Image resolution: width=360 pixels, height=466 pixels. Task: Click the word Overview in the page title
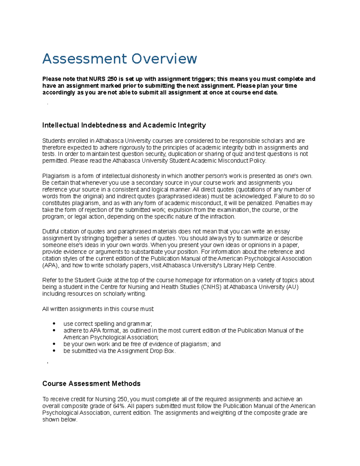click(x=164, y=59)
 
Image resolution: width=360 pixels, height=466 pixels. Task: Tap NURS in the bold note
click(x=97, y=79)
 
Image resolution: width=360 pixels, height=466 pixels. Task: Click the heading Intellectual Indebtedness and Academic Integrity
click(x=124, y=125)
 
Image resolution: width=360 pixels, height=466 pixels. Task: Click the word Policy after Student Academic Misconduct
click(x=257, y=161)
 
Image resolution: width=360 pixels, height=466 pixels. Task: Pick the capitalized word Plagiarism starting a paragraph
click(x=56, y=176)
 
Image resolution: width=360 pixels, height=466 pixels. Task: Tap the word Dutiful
click(x=51, y=231)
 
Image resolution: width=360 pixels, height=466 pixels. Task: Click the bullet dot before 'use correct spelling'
click(x=54, y=323)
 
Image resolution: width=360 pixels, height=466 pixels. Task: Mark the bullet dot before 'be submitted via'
click(x=54, y=351)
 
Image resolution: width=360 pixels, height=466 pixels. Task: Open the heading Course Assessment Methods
click(x=91, y=383)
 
